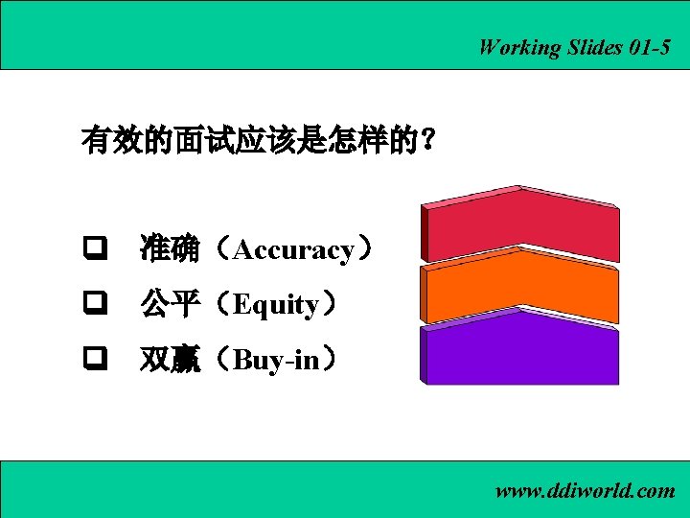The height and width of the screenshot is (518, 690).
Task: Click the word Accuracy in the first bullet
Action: tap(293, 250)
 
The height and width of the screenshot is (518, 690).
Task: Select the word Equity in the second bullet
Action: tap(276, 305)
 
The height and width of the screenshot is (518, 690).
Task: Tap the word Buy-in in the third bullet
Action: tap(275, 361)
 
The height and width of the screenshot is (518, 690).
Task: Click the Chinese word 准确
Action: tap(170, 250)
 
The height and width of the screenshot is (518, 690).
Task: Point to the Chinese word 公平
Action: tap(170, 305)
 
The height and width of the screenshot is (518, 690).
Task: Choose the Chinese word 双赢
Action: tap(170, 361)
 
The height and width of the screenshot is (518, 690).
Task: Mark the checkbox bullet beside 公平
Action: tap(93, 304)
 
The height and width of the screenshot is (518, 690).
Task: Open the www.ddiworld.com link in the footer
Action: tap(585, 491)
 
